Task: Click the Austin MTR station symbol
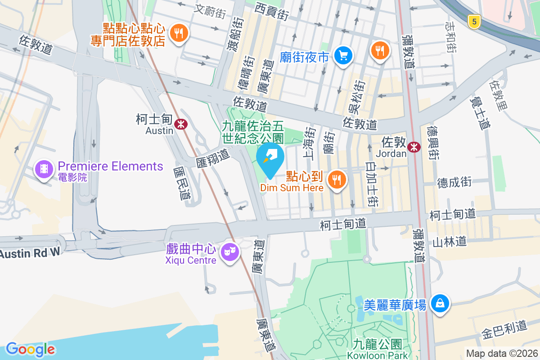pos(181,123)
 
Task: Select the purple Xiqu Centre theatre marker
pos(229,253)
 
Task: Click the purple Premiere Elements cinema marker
pos(44,170)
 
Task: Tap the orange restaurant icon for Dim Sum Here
pos(336,180)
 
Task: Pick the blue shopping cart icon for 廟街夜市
pos(344,56)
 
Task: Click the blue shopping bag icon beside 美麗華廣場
pos(439,303)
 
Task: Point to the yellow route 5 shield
pos(472,21)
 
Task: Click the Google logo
pos(30,349)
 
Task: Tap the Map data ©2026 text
pos(501,353)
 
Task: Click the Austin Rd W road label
pos(30,253)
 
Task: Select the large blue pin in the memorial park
pos(270,158)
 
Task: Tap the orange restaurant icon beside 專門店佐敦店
pos(179,33)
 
